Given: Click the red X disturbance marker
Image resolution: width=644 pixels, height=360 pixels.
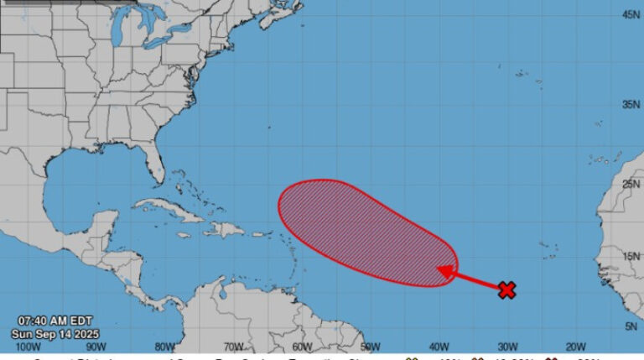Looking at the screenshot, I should pos(506,290).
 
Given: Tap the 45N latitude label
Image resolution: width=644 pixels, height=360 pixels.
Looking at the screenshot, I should pos(632,14).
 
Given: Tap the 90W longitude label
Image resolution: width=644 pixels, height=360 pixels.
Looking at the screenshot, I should pos(95,347).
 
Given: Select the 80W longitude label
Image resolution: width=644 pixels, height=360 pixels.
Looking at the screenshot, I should pos(164,347).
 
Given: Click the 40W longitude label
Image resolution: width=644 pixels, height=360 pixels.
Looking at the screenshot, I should pos(438,347).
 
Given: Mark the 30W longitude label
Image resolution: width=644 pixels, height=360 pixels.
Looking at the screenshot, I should pos(506,347).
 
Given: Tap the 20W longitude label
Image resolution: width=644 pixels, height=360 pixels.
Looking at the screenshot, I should pos(575,347).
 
